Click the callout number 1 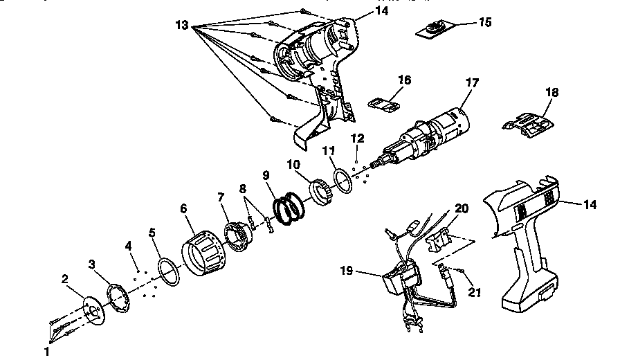(x=47, y=351)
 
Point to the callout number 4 (x=128, y=245)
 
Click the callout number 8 (x=242, y=188)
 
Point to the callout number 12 (x=357, y=138)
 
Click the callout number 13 (x=182, y=25)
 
